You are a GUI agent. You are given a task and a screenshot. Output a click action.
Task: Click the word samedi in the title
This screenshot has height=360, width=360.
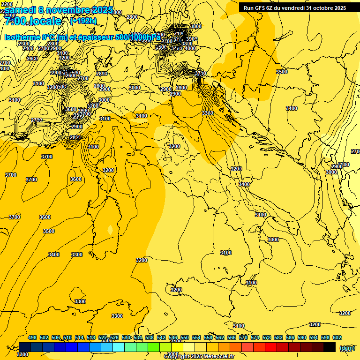click(x=21, y=10)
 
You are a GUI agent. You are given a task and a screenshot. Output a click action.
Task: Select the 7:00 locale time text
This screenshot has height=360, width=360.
click(x=33, y=21)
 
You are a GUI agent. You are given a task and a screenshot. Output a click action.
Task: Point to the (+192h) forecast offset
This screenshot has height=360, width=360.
click(x=83, y=21)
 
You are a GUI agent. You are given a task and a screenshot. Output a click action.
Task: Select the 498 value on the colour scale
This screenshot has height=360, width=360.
click(x=32, y=337)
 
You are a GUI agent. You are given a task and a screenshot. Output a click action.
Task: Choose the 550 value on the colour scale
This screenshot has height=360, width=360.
click(x=185, y=337)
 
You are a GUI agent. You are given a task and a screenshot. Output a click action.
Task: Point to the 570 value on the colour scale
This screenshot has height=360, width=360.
click(x=243, y=337)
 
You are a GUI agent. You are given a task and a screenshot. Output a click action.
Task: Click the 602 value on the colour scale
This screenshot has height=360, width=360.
click(x=337, y=337)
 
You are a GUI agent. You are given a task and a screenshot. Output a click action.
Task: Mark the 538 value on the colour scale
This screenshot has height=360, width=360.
click(x=150, y=337)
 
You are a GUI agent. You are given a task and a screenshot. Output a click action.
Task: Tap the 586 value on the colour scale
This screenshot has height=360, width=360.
click(x=290, y=337)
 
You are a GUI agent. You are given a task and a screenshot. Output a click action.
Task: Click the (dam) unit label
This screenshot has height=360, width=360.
click(x=347, y=347)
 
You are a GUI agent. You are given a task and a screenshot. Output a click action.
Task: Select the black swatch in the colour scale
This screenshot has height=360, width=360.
click(x=330, y=347)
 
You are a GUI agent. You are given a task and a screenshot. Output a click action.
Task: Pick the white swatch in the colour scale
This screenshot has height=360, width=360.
click(x=189, y=347)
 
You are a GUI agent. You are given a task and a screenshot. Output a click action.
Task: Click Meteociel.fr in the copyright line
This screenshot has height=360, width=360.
click(x=217, y=356)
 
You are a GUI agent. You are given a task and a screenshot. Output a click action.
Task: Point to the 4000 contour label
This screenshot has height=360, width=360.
click(x=190, y=48)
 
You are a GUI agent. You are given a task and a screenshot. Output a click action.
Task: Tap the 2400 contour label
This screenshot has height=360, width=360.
click(x=28, y=48)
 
